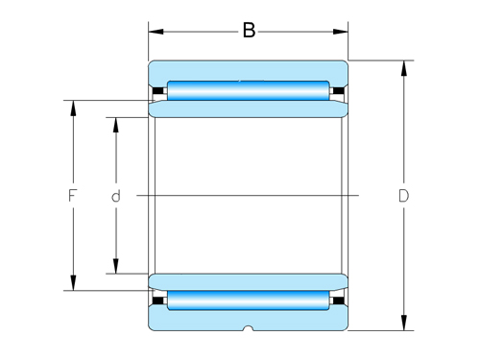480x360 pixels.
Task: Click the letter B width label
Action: [x=249, y=31]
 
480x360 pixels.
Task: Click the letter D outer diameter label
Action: [x=404, y=196]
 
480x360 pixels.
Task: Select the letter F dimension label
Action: [x=72, y=196]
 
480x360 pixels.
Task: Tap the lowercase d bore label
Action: [x=115, y=196]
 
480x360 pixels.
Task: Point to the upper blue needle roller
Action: [x=248, y=92]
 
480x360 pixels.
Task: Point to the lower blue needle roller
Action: [x=248, y=300]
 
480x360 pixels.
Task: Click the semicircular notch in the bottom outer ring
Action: [x=248, y=328]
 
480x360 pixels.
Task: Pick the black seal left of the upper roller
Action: [x=158, y=92]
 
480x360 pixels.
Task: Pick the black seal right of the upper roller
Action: [x=338, y=92]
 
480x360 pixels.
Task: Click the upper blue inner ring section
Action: [x=248, y=109]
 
